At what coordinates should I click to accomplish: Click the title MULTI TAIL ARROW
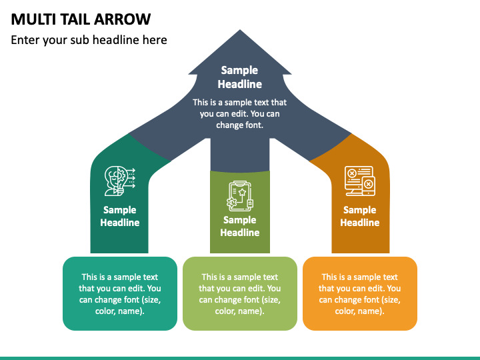tap(81, 19)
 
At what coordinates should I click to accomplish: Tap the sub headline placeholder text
tap(89, 40)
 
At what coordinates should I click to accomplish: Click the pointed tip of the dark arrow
tap(240, 30)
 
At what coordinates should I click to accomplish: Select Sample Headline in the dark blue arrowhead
tap(240, 77)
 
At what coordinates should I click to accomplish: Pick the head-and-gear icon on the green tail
tap(120, 181)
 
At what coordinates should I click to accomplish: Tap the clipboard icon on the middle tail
tap(240, 196)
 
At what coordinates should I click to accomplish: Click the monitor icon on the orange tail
tap(360, 181)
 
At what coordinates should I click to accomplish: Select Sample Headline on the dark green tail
tap(120, 216)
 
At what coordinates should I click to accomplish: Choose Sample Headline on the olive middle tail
tap(240, 226)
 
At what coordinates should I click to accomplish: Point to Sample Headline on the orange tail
tap(360, 216)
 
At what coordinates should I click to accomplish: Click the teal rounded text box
tap(120, 293)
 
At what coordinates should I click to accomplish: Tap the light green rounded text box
tap(240, 293)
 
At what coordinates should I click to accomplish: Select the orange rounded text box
tap(360, 293)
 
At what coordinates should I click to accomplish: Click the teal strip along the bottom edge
tap(240, 358)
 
